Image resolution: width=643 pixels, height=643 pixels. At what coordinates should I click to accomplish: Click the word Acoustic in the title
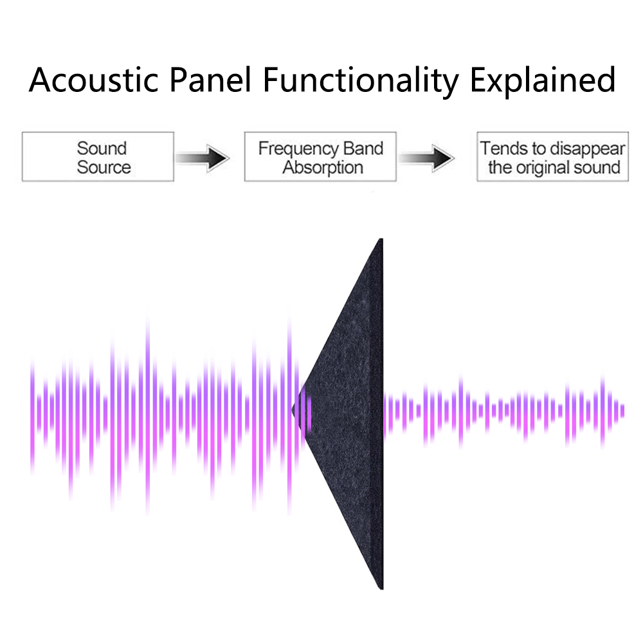tap(93, 80)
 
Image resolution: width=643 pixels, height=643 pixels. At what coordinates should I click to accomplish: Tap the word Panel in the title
tap(210, 79)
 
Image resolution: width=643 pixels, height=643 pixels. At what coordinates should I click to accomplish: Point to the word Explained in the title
tap(543, 82)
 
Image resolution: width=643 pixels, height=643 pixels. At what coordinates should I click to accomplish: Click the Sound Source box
tap(98, 157)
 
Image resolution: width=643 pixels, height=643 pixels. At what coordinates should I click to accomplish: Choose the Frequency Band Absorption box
tap(320, 157)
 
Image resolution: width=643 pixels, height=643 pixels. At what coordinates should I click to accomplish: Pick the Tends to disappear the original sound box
tap(552, 157)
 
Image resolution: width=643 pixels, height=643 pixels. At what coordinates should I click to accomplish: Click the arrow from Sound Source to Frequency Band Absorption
tap(202, 158)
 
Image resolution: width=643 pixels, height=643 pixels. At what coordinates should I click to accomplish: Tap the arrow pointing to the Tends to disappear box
tap(426, 158)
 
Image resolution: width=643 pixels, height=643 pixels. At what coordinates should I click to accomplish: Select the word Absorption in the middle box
tap(323, 168)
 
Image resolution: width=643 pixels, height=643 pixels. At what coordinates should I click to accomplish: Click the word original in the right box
tap(541, 168)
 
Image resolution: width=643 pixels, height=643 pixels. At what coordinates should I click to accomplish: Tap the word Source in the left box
tap(104, 167)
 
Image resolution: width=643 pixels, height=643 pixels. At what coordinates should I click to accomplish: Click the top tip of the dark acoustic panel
tap(381, 239)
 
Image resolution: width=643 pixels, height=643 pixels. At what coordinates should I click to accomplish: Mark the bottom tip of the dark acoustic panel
tap(381, 589)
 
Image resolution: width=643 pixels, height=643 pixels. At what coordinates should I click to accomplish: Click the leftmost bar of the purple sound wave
tap(32, 416)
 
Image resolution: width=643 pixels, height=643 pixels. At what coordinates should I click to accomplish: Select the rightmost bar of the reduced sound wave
tap(622, 411)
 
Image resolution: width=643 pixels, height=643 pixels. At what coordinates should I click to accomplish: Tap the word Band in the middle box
tap(363, 149)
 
